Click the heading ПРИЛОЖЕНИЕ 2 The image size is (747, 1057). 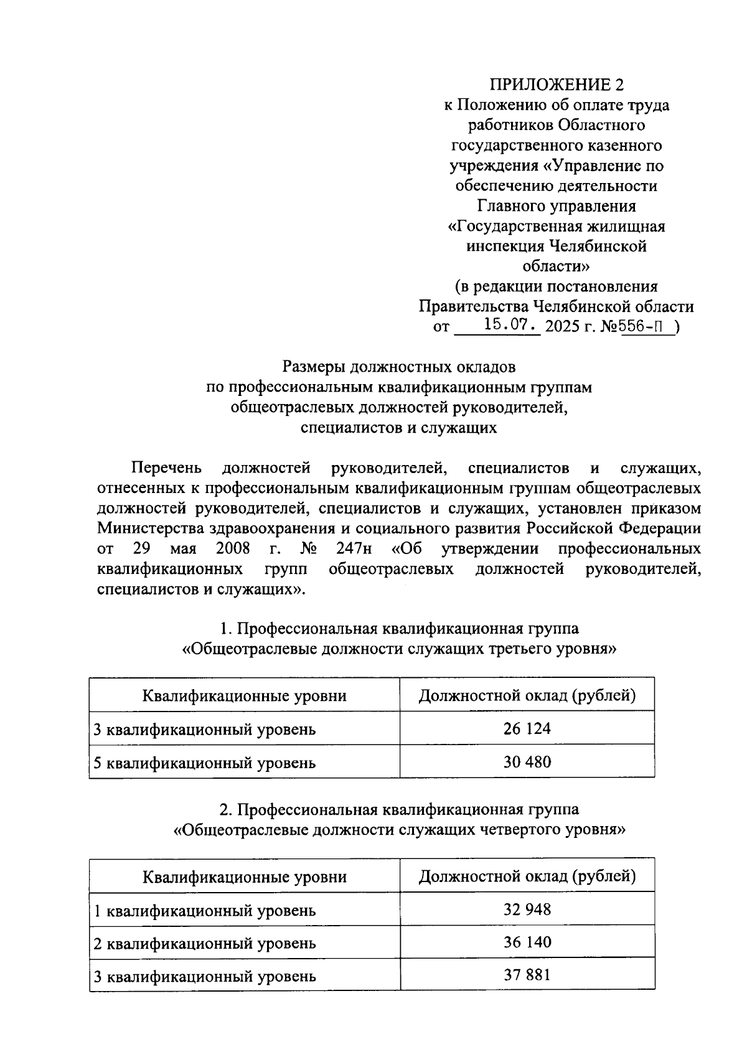coord(557,85)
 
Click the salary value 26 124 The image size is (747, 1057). coord(527,728)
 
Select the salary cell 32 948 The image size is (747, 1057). coord(527,909)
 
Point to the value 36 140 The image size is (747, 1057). coord(527,942)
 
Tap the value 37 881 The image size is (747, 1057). coord(527,974)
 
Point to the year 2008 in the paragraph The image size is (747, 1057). coord(233,549)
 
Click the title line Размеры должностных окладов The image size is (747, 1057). coord(399,367)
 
